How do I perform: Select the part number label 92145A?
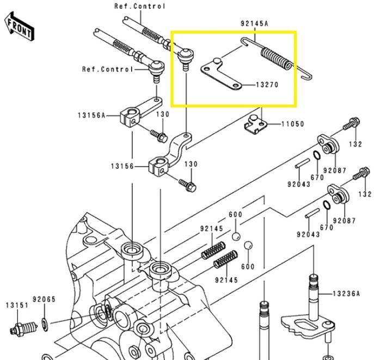(x=255, y=23)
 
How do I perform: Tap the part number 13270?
(x=266, y=86)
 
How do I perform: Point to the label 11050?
(x=292, y=124)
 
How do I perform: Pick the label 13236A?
(x=347, y=294)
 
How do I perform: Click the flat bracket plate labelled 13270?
(x=223, y=76)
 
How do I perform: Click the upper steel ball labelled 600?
(x=236, y=236)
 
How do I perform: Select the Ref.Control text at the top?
(x=140, y=6)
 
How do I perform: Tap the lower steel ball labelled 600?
(x=248, y=245)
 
